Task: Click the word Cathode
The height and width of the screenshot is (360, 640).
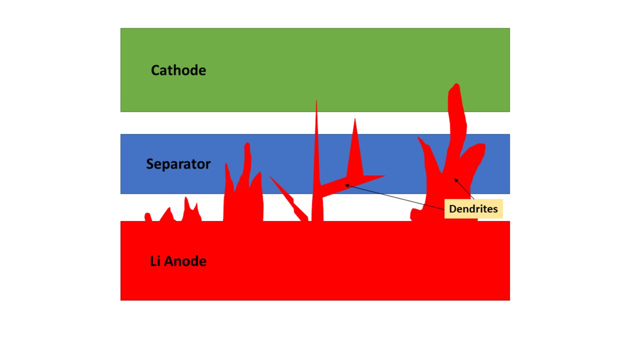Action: pyautogui.click(x=178, y=70)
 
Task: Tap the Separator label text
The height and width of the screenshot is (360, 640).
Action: pyautogui.click(x=178, y=164)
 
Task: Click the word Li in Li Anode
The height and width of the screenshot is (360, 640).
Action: pyautogui.click(x=155, y=261)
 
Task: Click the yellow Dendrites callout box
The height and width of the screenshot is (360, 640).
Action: pyautogui.click(x=474, y=209)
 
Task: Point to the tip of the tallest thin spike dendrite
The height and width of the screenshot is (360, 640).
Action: pyautogui.click(x=316, y=101)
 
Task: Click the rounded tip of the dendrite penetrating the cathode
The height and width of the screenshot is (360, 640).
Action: pyautogui.click(x=456, y=84)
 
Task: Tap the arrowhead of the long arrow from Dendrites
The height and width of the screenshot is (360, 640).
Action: pyautogui.click(x=347, y=186)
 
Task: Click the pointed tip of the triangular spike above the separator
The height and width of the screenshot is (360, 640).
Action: pyautogui.click(x=355, y=119)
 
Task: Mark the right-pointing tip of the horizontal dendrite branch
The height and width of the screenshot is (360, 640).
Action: pyautogui.click(x=384, y=176)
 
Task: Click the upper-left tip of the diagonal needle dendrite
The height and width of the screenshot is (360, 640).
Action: pyautogui.click(x=269, y=176)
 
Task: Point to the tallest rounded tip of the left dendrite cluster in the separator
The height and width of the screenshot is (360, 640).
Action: pyautogui.click(x=247, y=144)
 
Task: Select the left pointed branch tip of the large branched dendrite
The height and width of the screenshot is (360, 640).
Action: pyautogui.click(x=419, y=138)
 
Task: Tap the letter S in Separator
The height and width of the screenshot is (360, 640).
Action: pyautogui.click(x=150, y=164)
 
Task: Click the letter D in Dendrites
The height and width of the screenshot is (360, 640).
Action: pyautogui.click(x=453, y=209)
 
